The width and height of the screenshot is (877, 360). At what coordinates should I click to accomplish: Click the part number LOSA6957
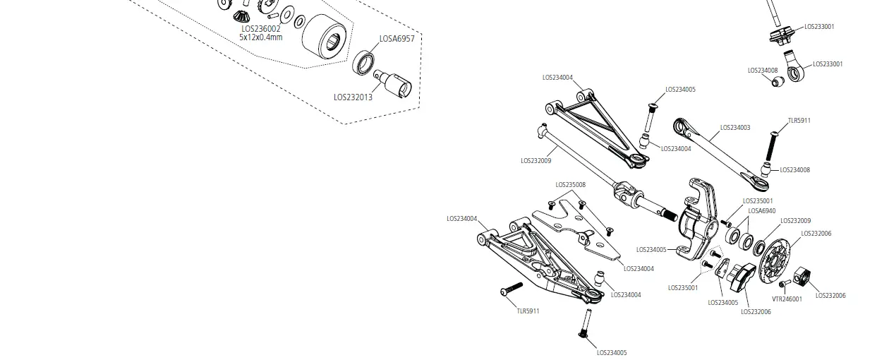[397, 39]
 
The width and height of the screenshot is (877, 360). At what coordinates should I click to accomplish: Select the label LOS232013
[353, 97]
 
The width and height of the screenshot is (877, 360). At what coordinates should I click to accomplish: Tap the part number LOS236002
[260, 28]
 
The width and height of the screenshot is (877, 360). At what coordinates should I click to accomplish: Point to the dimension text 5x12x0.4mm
[260, 37]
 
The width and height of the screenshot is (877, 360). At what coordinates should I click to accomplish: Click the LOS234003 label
[734, 128]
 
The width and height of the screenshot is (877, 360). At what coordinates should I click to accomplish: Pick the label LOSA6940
[761, 210]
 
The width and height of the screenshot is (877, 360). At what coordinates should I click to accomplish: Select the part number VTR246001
[787, 299]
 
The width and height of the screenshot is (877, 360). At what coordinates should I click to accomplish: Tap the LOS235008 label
[570, 185]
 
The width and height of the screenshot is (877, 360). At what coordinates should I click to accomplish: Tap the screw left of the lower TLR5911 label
[510, 289]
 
